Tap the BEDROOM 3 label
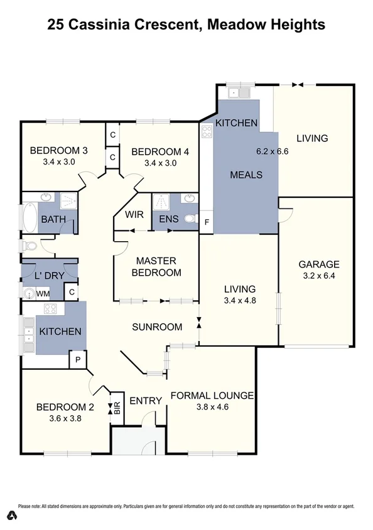tap(58, 151)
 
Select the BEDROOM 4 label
tap(159, 151)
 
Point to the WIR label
tap(134, 215)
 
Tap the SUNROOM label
tap(157, 327)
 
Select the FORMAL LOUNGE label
tap(212, 396)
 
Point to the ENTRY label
tap(146, 401)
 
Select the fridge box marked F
tap(207, 222)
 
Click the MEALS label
tap(246, 175)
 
